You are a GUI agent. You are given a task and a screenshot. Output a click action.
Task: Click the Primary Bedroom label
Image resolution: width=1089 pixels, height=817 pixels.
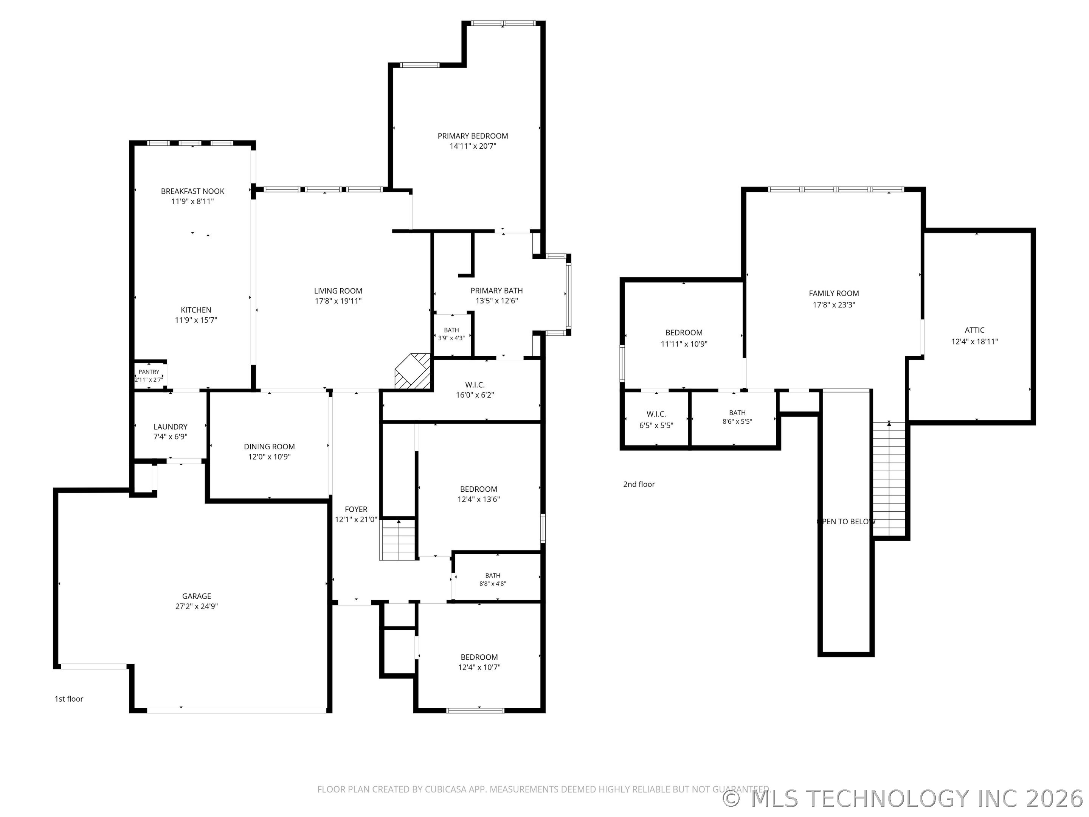[x=473, y=136]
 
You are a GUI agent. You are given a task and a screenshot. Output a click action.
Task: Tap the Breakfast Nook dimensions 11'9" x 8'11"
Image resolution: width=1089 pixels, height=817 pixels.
[x=192, y=202]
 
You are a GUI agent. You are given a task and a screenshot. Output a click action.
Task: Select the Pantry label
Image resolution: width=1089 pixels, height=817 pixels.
[x=149, y=372]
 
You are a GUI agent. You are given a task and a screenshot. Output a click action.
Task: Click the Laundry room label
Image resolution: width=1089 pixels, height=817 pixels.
[x=170, y=427]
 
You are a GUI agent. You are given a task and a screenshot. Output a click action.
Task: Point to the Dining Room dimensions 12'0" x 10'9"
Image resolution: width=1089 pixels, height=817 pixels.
[x=269, y=457]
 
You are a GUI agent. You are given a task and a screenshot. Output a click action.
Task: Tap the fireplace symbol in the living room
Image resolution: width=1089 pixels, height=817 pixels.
[x=413, y=371]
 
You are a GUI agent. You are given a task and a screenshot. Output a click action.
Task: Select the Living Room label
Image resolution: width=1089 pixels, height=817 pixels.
[x=338, y=291]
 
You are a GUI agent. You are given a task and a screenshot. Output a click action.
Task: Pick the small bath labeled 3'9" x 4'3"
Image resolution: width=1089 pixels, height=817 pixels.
[x=451, y=334]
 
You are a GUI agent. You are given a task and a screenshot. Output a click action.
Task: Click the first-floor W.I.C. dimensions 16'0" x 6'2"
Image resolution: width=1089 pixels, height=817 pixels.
[x=475, y=395]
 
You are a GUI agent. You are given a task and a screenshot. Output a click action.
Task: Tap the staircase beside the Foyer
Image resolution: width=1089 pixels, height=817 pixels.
[x=398, y=540]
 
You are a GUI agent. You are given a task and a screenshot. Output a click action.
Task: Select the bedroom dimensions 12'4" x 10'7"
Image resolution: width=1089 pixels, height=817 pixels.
[x=479, y=667]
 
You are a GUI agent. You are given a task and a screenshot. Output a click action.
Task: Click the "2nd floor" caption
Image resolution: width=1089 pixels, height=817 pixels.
[x=639, y=484]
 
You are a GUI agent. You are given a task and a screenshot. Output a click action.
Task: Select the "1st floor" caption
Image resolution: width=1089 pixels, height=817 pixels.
[x=69, y=699]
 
